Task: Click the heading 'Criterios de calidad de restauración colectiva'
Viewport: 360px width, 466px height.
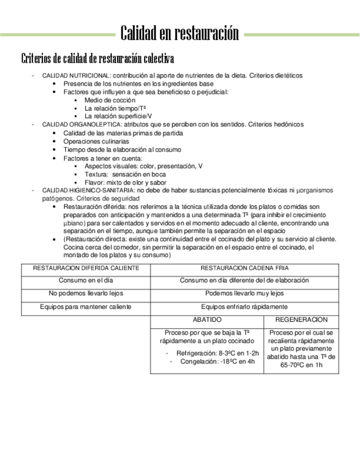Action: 97,58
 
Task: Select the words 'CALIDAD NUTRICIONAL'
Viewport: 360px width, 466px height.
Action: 76,75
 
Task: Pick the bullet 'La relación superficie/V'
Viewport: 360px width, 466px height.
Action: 118,116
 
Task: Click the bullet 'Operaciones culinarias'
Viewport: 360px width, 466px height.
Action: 96,141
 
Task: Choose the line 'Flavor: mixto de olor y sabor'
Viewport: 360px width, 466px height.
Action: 125,182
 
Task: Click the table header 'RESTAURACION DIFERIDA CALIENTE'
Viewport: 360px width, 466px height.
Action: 86,268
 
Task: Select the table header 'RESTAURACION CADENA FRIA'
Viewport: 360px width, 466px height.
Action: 244,268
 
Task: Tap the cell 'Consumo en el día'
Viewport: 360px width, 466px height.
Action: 86,280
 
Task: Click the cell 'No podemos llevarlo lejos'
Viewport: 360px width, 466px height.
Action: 86,293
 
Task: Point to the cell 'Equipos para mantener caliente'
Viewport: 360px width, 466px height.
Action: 86,307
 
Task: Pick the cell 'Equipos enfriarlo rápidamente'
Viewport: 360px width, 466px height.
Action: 244,307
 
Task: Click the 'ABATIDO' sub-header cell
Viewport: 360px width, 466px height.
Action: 207,319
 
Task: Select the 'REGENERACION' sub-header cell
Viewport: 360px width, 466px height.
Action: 301,319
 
